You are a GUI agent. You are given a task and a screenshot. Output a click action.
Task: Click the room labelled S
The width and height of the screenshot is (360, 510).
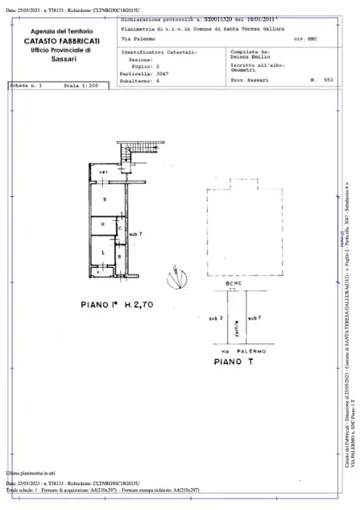pos(105,200)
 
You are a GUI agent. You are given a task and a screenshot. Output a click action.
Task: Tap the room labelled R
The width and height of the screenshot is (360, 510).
pos(104,226)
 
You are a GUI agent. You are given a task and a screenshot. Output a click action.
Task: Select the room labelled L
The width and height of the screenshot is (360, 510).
pos(103,252)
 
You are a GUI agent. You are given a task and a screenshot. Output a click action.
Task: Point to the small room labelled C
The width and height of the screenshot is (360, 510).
pos(120,229)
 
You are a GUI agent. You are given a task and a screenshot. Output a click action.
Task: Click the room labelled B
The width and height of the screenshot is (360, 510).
pos(120,256)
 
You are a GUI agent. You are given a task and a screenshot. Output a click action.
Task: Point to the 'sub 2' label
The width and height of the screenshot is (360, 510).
pos(215,319)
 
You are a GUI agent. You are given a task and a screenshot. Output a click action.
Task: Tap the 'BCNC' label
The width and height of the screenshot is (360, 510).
pos(234,284)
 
